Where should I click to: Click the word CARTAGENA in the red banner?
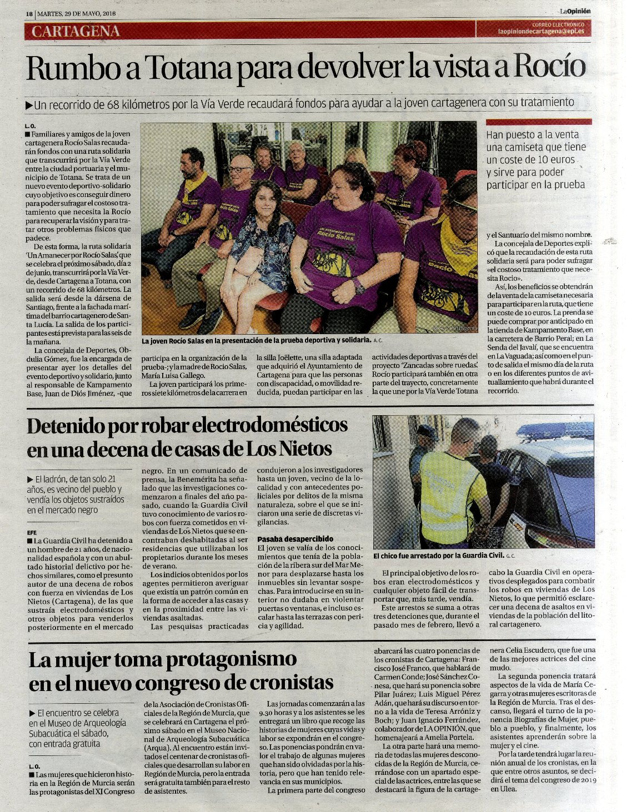pyautogui.click(x=76, y=31)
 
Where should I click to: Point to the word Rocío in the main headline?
pyautogui.click(x=550, y=67)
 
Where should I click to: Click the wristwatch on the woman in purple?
pyautogui.click(x=359, y=288)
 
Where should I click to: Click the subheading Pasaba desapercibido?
pyautogui.click(x=295, y=539)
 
